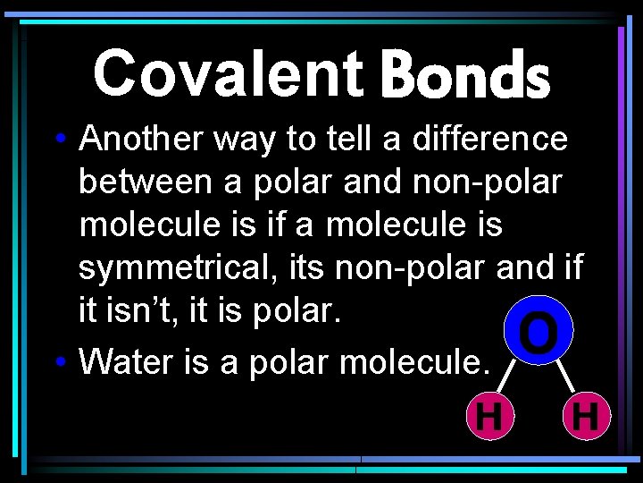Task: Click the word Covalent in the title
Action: [x=228, y=73]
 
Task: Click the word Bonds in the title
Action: [x=464, y=75]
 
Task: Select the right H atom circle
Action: [x=587, y=417]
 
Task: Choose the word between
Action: [x=146, y=182]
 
